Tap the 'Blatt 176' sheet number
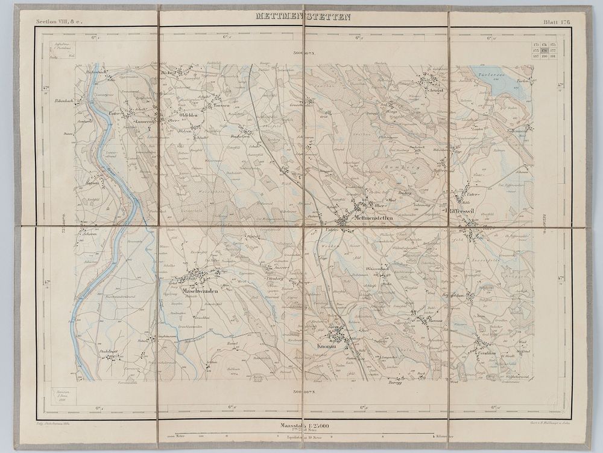point(556,21)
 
